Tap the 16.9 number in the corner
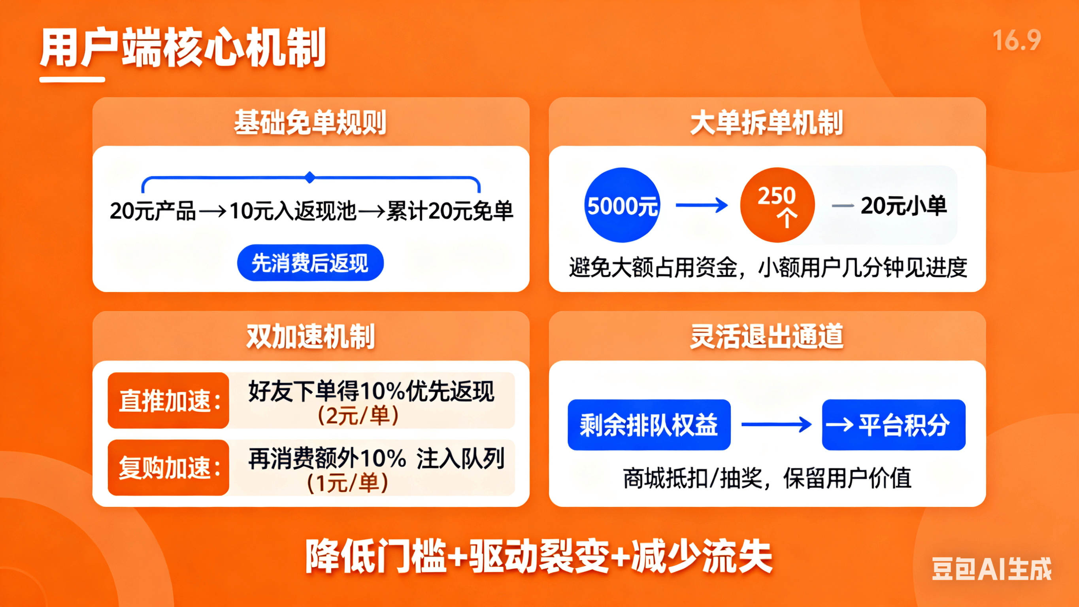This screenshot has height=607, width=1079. [x=1017, y=41]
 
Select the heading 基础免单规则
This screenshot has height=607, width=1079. [x=310, y=123]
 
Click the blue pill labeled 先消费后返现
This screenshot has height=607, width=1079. [x=310, y=263]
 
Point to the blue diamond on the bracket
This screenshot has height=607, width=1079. [x=310, y=177]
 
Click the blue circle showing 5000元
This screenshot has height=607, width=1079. [x=622, y=205]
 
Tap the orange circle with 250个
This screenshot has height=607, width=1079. [x=777, y=205]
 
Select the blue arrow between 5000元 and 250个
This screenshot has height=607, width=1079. [x=702, y=205]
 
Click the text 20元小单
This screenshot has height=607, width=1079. [x=904, y=206]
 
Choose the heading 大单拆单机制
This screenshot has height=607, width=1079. [x=766, y=123]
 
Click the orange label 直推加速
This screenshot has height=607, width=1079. [x=168, y=400]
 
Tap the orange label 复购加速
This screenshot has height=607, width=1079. [x=168, y=467]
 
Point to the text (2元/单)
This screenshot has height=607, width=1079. [x=358, y=416]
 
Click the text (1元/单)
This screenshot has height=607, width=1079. [x=348, y=483]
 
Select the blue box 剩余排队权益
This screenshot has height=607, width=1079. [x=649, y=425]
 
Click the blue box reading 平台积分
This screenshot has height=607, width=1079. [x=894, y=425]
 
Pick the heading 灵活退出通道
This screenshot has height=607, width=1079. [x=766, y=336]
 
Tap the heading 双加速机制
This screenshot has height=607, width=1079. [x=310, y=336]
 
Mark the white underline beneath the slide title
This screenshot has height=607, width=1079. [x=72, y=79]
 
